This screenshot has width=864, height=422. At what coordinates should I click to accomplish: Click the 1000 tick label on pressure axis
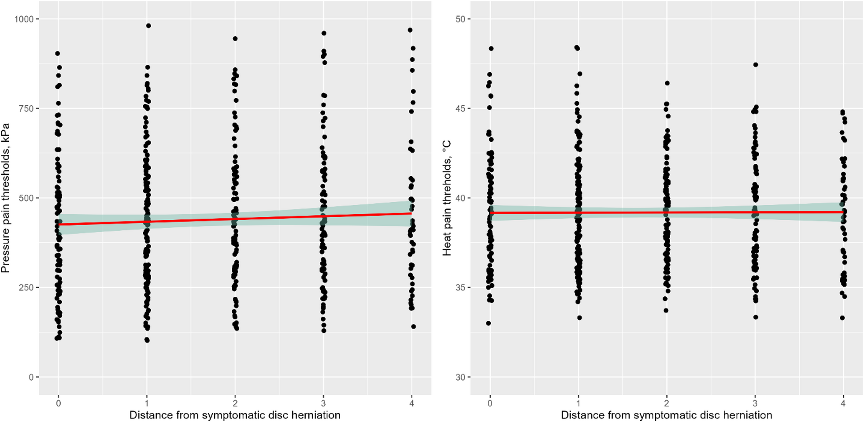(x=24, y=19)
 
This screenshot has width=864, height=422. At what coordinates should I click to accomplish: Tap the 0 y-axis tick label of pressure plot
(x=31, y=377)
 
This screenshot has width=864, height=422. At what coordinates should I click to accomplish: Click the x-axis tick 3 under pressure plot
(x=323, y=403)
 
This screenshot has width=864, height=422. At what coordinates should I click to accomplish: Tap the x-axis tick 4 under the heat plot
(x=843, y=403)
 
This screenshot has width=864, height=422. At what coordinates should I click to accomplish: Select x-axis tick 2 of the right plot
(x=667, y=403)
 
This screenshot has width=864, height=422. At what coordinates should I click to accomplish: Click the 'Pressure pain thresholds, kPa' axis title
(x=6, y=198)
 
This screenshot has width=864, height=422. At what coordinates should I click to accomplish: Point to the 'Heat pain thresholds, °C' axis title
(x=447, y=198)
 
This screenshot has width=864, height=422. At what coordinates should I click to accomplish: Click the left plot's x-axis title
(x=235, y=415)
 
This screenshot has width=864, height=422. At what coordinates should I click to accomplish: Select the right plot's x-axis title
(x=666, y=415)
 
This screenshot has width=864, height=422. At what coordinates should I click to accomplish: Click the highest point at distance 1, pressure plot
(x=148, y=26)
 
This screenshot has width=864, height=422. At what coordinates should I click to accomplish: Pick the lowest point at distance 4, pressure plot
(x=414, y=326)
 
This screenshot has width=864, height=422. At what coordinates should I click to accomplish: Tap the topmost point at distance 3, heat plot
(x=756, y=65)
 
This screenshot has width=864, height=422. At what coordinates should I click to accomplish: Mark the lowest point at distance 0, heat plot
(x=488, y=323)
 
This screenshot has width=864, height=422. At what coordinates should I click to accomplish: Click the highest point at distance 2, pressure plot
(x=235, y=39)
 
